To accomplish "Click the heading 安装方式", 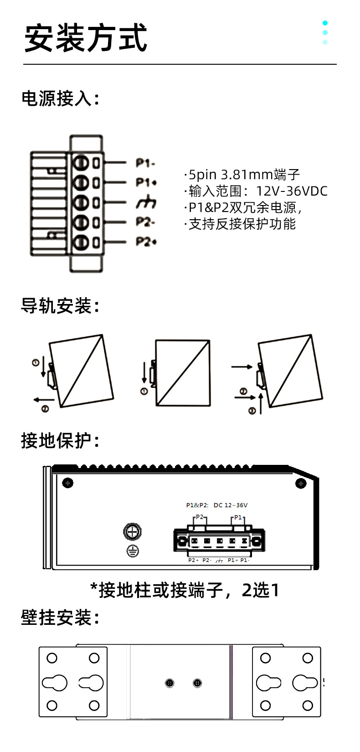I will pyautogui.click(x=86, y=38).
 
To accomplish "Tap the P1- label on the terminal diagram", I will pyautogui.click(x=145, y=163).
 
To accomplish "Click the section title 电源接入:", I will pyautogui.click(x=61, y=98).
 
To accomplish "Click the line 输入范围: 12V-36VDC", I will pyautogui.click(x=257, y=191).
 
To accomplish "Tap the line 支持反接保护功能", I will pyautogui.click(x=242, y=224).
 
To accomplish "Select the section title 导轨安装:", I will pyautogui.click(x=61, y=306).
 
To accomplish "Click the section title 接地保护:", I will pyautogui.click(x=61, y=441).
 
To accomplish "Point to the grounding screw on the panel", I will pyautogui.click(x=133, y=531).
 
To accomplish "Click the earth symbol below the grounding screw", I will pyautogui.click(x=133, y=551).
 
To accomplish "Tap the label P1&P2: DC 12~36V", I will pyautogui.click(x=216, y=505).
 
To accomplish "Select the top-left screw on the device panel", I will pyautogui.click(x=68, y=483).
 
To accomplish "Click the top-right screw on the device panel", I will pyautogui.click(x=301, y=483).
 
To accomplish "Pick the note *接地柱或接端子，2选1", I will pyautogui.click(x=184, y=590).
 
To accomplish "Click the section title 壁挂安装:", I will pyautogui.click(x=61, y=618).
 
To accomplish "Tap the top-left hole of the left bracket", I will pyautogui.click(x=52, y=658).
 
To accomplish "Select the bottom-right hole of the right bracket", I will pyautogui.click(x=308, y=706).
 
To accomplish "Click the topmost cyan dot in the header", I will pyautogui.click(x=325, y=23).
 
